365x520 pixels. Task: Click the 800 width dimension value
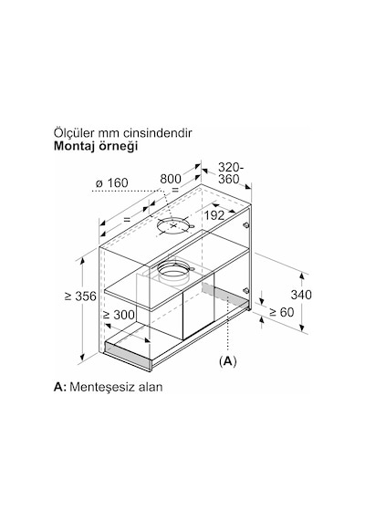pyautogui.click(x=171, y=179)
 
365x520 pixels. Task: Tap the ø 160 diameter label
pyautogui.click(x=112, y=182)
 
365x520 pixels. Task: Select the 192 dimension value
pyautogui.click(x=214, y=215)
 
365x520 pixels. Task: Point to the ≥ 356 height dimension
pyautogui.click(x=80, y=296)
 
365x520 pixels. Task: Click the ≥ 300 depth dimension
pyautogui.click(x=119, y=315)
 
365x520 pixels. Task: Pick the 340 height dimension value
pyautogui.click(x=301, y=295)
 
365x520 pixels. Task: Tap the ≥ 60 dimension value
pyautogui.click(x=281, y=312)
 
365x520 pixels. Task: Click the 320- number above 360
pyautogui.click(x=231, y=168)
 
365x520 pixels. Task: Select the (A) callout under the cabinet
pyautogui.click(x=227, y=361)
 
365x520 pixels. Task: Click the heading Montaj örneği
pyautogui.click(x=96, y=146)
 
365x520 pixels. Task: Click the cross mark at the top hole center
pyautogui.click(x=173, y=226)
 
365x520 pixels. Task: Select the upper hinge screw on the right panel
pyautogui.click(x=245, y=225)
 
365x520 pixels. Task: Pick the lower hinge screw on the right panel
pyautogui.click(x=245, y=290)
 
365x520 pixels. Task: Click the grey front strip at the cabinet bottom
pyautogui.click(x=128, y=354)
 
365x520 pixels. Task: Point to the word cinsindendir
pyautogui.click(x=158, y=133)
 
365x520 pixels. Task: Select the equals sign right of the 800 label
pyautogui.click(x=175, y=190)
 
